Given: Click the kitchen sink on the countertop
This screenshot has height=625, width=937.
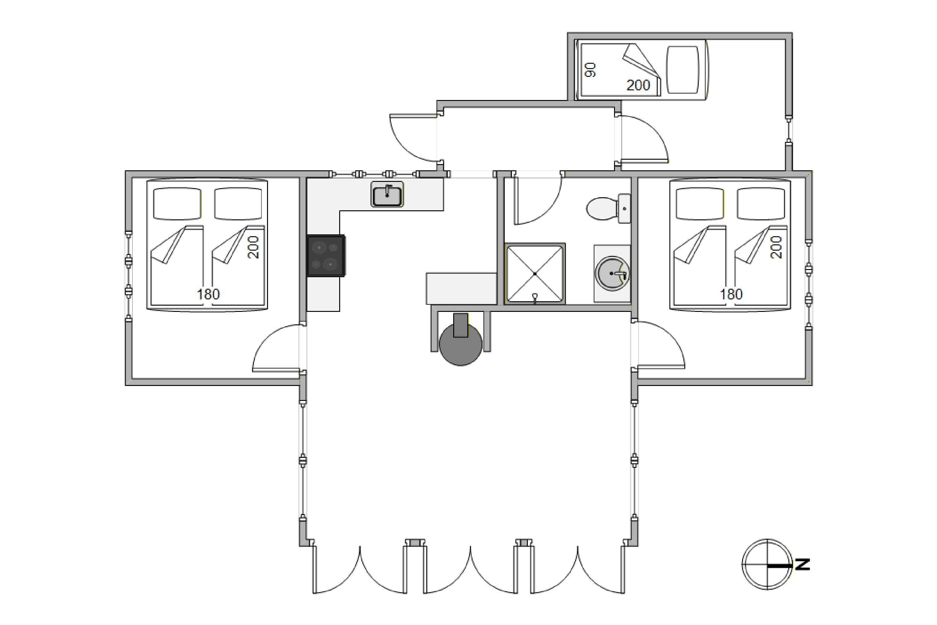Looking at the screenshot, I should pos(387,194).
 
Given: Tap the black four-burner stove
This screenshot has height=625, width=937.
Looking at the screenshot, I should pos(325,256).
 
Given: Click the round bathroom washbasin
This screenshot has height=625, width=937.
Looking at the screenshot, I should pos(612,273).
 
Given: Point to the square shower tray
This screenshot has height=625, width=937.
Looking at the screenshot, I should pos(535,273).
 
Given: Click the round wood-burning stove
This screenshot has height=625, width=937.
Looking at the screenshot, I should pos(460,343).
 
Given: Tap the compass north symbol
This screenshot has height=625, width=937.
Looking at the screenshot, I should pos(766,564).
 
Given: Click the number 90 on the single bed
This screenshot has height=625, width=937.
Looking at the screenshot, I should pos(590,69).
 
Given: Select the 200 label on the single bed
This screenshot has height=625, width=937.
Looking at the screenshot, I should pos(638,85).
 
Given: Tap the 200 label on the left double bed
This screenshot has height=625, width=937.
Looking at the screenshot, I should pos(253,247).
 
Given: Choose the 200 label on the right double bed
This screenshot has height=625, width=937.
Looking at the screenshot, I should pos(776,247).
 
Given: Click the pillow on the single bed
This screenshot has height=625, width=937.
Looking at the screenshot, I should pos(683,70).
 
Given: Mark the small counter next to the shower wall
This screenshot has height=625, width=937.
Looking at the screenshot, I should pos(461,288).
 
